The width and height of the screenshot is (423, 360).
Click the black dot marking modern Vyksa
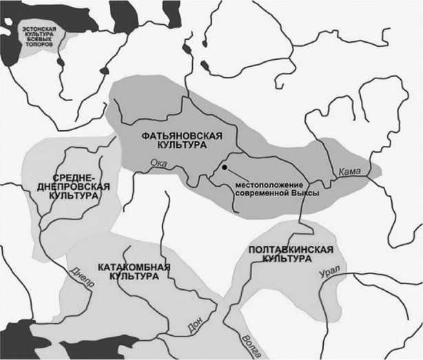(x=225, y=167)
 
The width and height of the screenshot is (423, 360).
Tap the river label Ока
(x=158, y=162)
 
